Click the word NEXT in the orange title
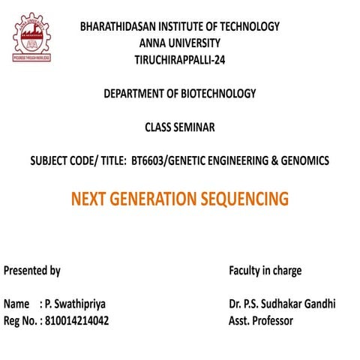click(91, 199)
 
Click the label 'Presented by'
click(32, 271)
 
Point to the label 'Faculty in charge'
click(265, 271)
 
